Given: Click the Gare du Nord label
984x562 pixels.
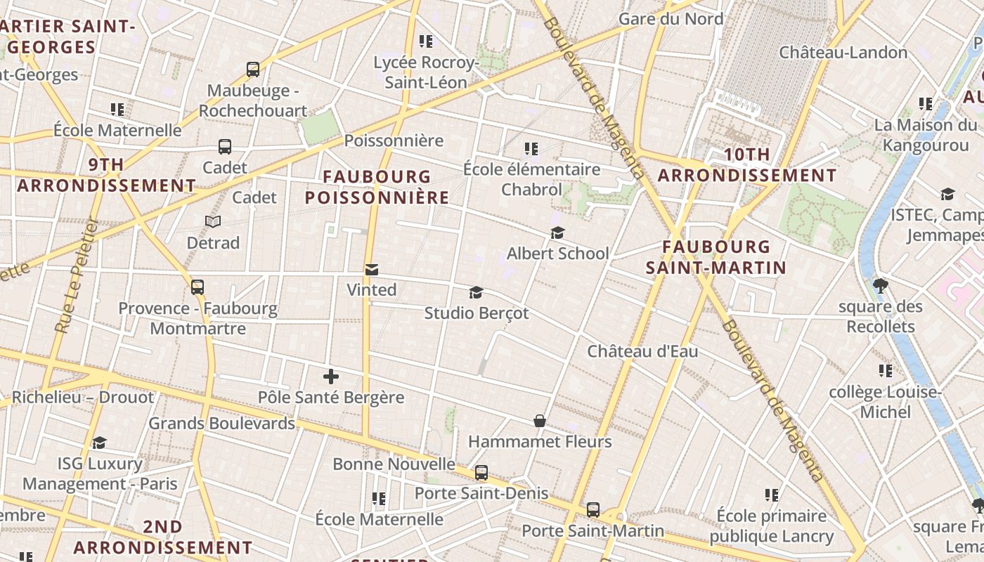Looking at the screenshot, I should pyautogui.click(x=671, y=19).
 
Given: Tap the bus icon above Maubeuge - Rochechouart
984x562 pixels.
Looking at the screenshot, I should pyautogui.click(x=253, y=70).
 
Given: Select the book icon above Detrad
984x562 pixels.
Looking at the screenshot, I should pyautogui.click(x=213, y=222).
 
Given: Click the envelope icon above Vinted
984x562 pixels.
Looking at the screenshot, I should pyautogui.click(x=371, y=270).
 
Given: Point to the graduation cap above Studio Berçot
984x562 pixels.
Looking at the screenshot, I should pyautogui.click(x=476, y=292).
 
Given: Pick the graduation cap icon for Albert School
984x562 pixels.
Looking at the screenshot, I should pyautogui.click(x=557, y=233).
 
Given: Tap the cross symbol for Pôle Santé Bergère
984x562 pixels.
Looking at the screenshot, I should pyautogui.click(x=331, y=377).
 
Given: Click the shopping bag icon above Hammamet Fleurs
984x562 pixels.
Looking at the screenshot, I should pyautogui.click(x=540, y=421).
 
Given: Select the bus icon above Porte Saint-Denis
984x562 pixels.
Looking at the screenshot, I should pyautogui.click(x=481, y=473).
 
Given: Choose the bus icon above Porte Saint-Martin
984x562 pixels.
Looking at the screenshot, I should pyautogui.click(x=593, y=510).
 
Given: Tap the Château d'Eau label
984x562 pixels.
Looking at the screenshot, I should pyautogui.click(x=642, y=351).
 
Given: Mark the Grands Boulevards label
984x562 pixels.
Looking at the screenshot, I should pyautogui.click(x=221, y=424).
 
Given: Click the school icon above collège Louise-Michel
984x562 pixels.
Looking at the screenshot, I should pyautogui.click(x=885, y=371).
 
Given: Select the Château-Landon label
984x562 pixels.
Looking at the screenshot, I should pyautogui.click(x=843, y=52).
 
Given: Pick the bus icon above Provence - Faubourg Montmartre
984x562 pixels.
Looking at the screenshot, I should pyautogui.click(x=198, y=287).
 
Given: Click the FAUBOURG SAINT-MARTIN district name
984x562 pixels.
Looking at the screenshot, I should pyautogui.click(x=716, y=257).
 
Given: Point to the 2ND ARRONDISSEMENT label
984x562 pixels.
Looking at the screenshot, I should pyautogui.click(x=163, y=537).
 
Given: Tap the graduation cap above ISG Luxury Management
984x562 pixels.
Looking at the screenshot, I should pyautogui.click(x=100, y=443).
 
